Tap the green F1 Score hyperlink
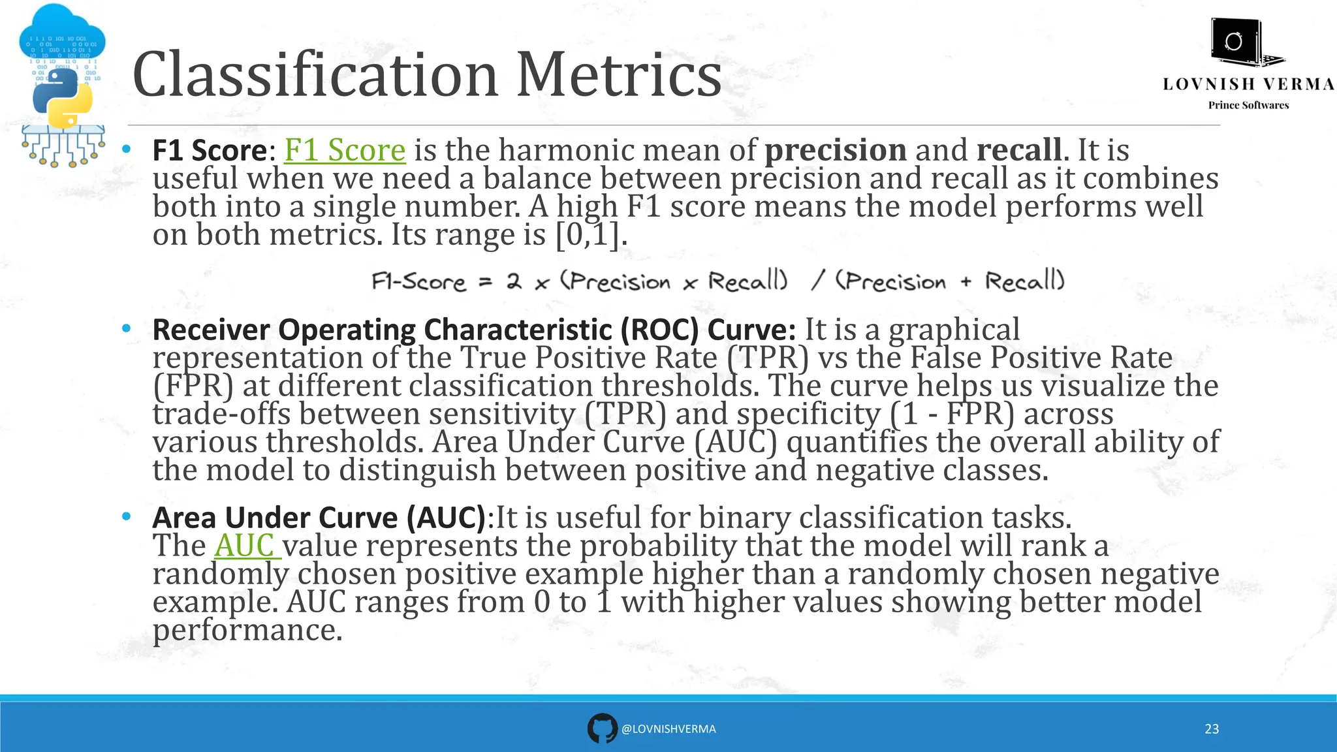[345, 150]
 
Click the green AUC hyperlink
[245, 546]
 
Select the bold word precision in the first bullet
[835, 151]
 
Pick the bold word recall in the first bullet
[1018, 150]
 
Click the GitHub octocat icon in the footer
[602, 728]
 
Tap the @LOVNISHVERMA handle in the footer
[668, 729]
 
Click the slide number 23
[1212, 729]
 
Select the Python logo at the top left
[62, 98]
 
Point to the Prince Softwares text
[1248, 105]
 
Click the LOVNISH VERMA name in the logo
[1248, 84]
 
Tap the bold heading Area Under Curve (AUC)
[319, 518]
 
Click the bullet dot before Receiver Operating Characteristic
[126, 328]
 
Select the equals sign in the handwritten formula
[485, 283]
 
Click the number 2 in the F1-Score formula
[514, 282]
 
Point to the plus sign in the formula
[966, 282]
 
